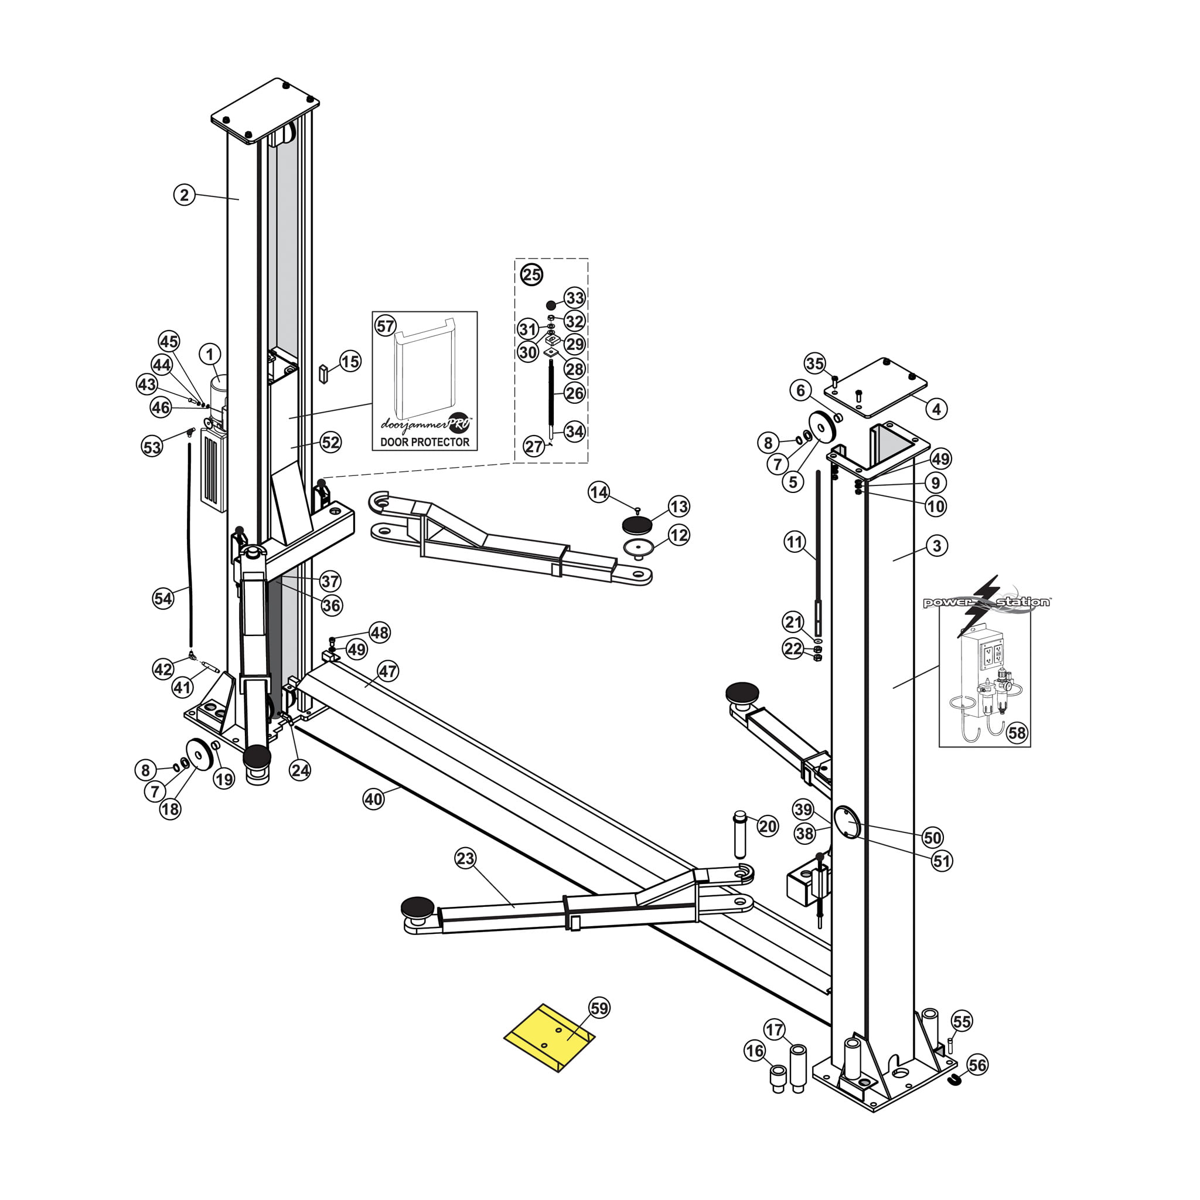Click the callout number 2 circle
tap(184, 195)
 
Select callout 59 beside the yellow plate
tap(599, 1007)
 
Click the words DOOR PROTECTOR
tap(425, 442)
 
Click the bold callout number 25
tap(531, 274)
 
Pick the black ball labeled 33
tap(551, 304)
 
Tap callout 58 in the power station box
tap(1016, 733)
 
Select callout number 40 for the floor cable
tap(373, 798)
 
